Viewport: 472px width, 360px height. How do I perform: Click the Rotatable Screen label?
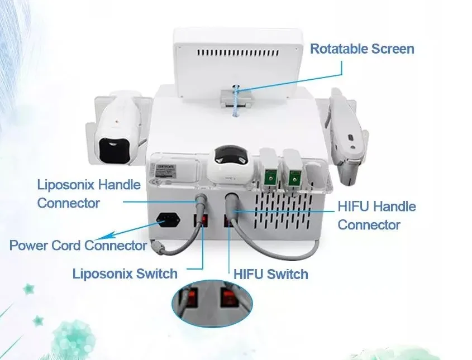pos(362,49)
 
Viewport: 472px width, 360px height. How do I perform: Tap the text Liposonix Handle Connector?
pos(88,193)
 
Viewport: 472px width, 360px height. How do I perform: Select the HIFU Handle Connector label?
pos(376,215)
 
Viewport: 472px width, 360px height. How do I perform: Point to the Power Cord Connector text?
pos(78,244)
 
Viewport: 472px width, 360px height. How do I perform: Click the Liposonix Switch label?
pos(125,273)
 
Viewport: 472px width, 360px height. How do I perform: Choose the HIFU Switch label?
pos(270,274)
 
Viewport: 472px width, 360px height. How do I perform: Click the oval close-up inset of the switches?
pos(212,302)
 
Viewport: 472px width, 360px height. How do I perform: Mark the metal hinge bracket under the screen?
pos(235,99)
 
